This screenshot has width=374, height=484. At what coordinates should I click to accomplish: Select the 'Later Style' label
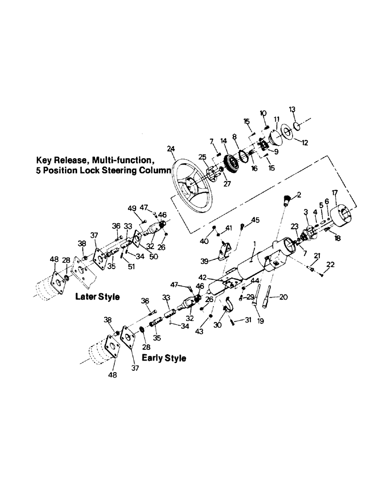(x=97, y=297)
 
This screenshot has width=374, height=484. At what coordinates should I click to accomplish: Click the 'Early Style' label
(x=164, y=359)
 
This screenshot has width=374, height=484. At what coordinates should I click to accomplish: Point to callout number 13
(x=292, y=109)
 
